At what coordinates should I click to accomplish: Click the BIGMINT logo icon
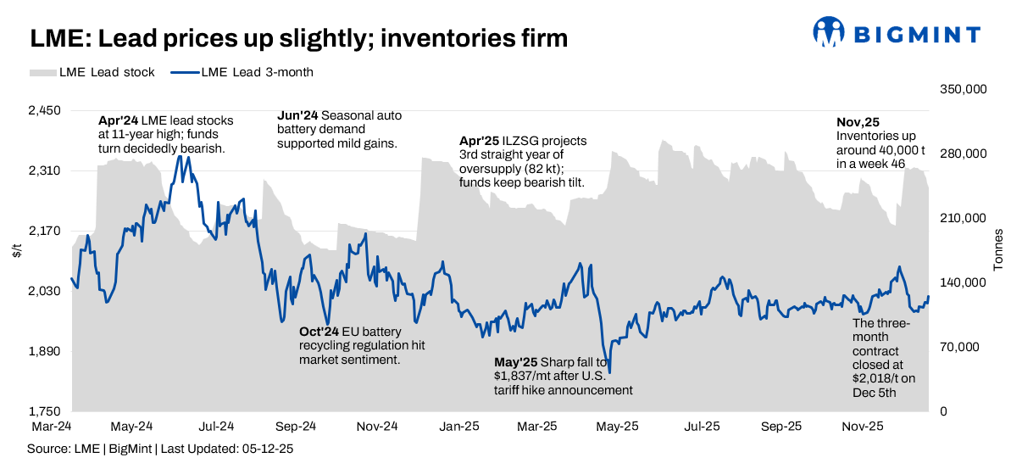830,32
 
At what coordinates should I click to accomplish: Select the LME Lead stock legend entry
92,72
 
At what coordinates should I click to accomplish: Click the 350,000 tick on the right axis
964,89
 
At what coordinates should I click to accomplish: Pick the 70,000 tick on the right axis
967,347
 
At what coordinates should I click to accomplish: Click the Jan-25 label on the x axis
458,426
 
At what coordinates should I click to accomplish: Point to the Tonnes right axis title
997,249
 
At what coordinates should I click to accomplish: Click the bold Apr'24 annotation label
116,120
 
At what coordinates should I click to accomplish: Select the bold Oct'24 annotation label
320,332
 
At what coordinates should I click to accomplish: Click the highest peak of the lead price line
179,156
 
